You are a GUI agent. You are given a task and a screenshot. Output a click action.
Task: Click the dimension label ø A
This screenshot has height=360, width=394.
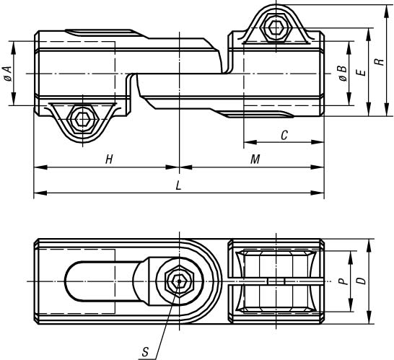click(x=8, y=74)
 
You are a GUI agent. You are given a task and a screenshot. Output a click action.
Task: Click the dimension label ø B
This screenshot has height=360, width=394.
click(x=343, y=74)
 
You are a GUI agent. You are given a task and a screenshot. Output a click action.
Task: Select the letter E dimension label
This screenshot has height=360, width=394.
click(x=361, y=73)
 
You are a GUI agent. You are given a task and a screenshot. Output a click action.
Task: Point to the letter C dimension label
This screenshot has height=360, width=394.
click(x=284, y=136)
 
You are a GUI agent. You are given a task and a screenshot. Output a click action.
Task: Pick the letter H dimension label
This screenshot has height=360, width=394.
click(x=109, y=159)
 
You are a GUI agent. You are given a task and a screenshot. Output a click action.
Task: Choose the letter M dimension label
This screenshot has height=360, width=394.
click(x=255, y=159)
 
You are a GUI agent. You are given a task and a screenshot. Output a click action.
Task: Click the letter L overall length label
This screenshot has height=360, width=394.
click(x=178, y=186)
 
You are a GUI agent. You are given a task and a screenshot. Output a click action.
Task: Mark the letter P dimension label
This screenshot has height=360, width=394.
click(x=343, y=281)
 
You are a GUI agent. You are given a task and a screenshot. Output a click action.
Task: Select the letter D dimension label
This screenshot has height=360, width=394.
click(x=362, y=281)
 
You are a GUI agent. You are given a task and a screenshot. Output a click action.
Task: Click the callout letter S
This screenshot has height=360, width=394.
click(x=145, y=352)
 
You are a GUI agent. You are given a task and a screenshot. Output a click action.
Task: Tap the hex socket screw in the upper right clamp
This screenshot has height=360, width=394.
click(x=276, y=27)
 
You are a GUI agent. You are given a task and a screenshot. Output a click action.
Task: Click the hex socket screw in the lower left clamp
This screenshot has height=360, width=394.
click(x=82, y=119)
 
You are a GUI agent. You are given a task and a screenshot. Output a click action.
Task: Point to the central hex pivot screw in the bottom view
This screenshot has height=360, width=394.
click(x=179, y=281)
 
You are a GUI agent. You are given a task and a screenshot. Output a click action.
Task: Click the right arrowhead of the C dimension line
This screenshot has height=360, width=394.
click(x=318, y=142)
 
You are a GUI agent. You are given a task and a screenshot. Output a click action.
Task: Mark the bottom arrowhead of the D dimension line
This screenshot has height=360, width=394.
click(x=369, y=317)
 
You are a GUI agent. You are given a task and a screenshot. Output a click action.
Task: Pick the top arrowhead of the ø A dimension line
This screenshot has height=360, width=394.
click(x=14, y=48)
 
